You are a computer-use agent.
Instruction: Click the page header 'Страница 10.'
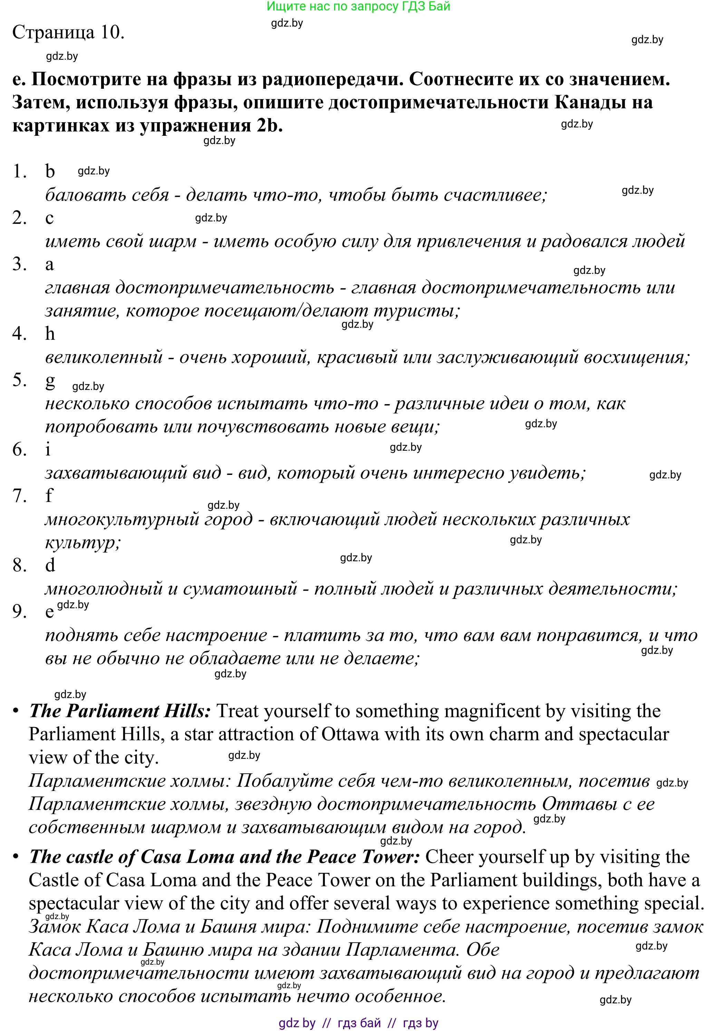click(x=68, y=32)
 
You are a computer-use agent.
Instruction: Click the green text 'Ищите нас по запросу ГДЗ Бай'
click(x=358, y=6)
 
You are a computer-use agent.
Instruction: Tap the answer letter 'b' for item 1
click(x=50, y=171)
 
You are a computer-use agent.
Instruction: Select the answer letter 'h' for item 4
click(x=50, y=334)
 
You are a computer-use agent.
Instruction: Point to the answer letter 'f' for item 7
click(x=49, y=495)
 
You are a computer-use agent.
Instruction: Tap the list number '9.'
click(x=20, y=611)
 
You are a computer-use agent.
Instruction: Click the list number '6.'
click(x=20, y=449)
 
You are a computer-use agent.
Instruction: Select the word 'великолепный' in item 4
click(x=104, y=357)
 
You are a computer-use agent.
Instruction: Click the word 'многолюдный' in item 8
click(x=104, y=589)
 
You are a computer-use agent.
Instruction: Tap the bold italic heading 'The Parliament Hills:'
click(x=120, y=711)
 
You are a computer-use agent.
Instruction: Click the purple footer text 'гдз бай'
click(x=359, y=1023)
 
